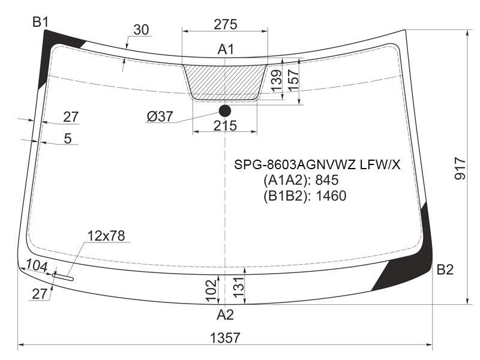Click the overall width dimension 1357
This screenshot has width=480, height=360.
click(225, 338)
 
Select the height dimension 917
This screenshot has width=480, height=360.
click(460, 169)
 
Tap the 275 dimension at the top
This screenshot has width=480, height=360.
click(226, 25)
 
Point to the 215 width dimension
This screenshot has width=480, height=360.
click(226, 125)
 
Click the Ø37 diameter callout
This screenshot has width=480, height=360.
click(160, 116)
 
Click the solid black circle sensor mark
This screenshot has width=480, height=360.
click(225, 111)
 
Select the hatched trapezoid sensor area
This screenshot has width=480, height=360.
click(225, 82)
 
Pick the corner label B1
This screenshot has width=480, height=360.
click(40, 22)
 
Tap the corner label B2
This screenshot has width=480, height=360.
click(445, 269)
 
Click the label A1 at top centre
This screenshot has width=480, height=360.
click(226, 49)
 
